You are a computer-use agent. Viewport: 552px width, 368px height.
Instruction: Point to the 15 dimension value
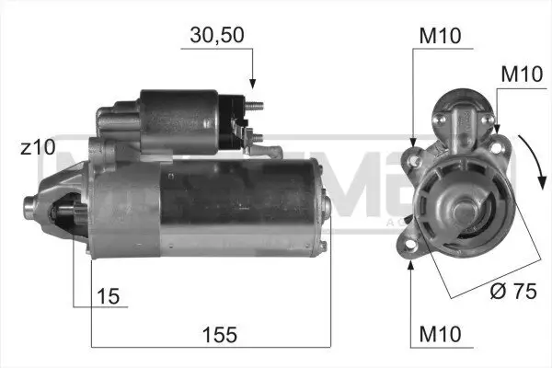coord(106,296)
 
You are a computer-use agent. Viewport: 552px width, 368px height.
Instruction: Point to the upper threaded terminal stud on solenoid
coord(257,105)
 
